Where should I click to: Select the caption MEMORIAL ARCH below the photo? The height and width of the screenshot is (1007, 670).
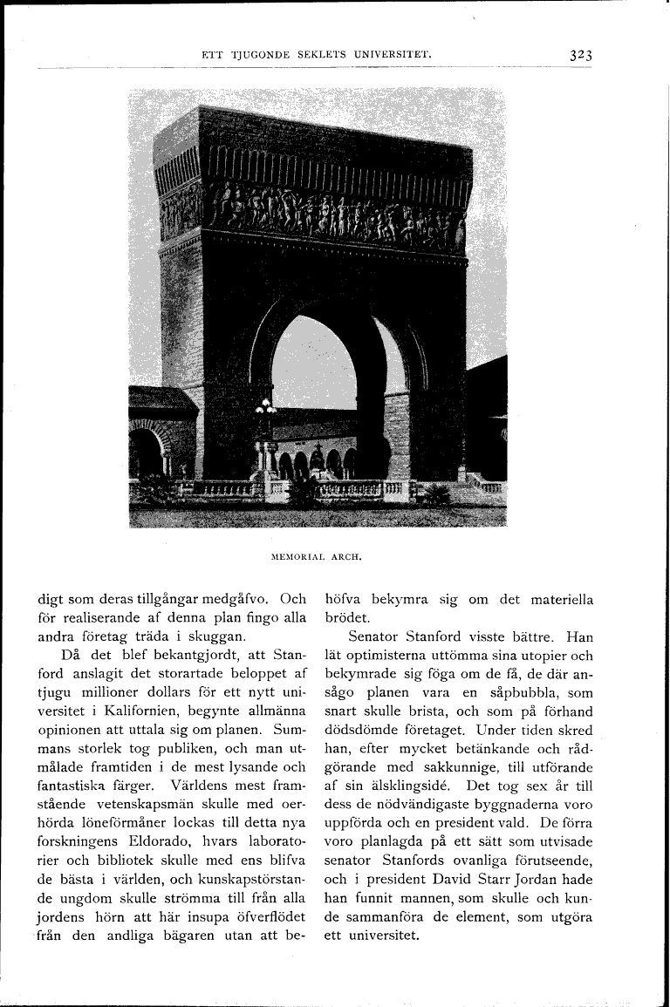[x=317, y=553]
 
